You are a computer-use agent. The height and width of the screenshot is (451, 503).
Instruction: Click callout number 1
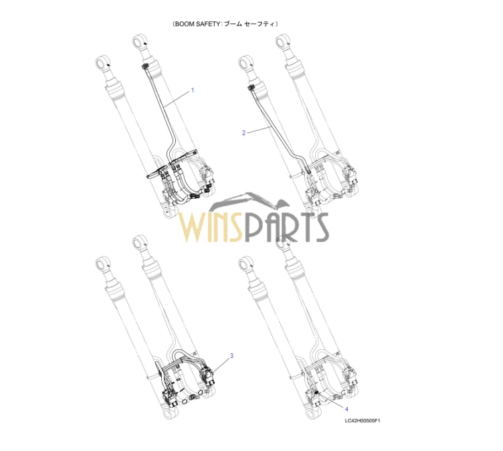click(x=193, y=90)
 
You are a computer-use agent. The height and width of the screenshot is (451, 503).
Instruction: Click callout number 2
click(x=243, y=133)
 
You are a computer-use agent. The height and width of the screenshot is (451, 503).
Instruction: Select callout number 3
click(x=231, y=356)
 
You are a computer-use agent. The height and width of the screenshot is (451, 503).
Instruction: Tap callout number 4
click(x=346, y=409)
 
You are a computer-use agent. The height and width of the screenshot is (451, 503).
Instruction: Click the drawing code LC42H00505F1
click(x=362, y=420)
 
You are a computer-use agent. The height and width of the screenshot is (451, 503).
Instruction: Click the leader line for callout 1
click(x=177, y=99)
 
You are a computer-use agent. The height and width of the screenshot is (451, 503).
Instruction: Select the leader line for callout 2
click(x=259, y=130)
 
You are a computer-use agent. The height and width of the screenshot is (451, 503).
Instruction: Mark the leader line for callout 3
click(x=220, y=365)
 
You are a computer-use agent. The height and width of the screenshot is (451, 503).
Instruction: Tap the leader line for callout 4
click(x=330, y=400)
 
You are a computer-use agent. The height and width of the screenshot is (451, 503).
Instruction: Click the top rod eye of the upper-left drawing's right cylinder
click(x=140, y=40)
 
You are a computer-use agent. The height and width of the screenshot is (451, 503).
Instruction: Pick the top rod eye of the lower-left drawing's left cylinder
click(x=103, y=263)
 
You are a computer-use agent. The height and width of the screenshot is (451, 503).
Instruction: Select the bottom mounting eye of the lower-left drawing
click(x=169, y=412)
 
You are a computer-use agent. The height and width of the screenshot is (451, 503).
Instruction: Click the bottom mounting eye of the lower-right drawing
click(x=311, y=412)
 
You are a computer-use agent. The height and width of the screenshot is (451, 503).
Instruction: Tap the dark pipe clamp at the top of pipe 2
click(x=251, y=87)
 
